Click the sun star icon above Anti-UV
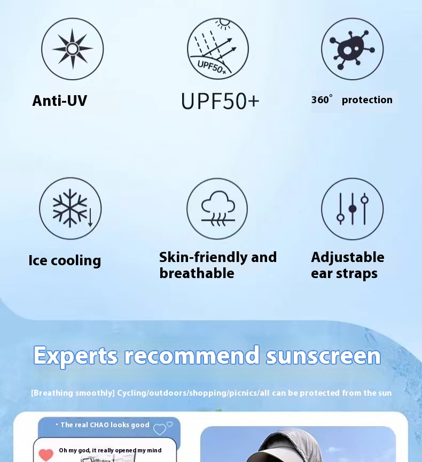point(73,49)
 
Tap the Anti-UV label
point(60,101)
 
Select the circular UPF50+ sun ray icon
point(218,49)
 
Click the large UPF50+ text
point(220,102)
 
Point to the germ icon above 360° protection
point(352,49)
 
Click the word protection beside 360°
point(367,100)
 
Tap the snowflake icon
point(71,209)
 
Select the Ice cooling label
point(65,260)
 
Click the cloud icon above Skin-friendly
point(217,209)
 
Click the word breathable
point(197,273)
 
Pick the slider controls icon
point(352,209)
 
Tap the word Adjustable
point(348,258)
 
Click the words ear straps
point(344,273)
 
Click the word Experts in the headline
point(76,356)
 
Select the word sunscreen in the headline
point(323,356)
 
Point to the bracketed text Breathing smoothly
point(73,393)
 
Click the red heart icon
point(46,455)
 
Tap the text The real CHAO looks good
point(105,425)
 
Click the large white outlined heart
point(160,429)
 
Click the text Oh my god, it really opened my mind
point(110,450)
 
